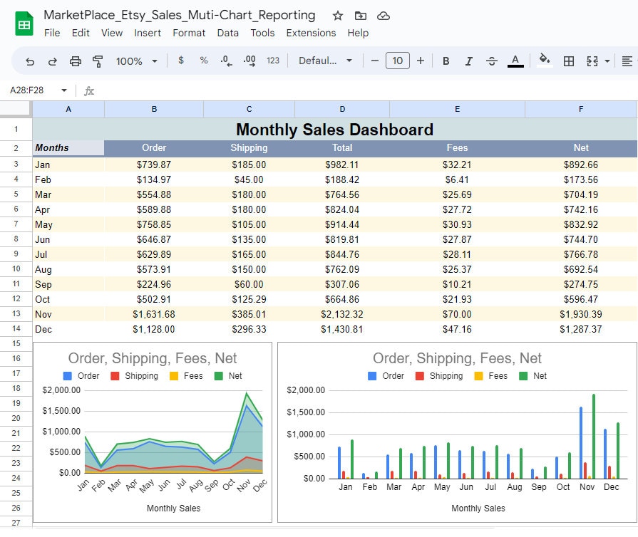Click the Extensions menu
tap(311, 33)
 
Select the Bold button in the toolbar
tap(446, 61)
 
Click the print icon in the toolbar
tap(75, 61)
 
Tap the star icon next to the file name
tap(338, 16)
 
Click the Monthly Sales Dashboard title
tap(334, 130)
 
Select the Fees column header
tap(457, 147)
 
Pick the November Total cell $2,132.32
tap(341, 314)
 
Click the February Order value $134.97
tap(154, 179)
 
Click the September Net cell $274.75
tap(580, 284)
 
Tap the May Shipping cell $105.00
tap(249, 224)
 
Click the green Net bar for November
tap(593, 436)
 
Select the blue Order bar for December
tap(605, 453)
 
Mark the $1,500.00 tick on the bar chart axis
tap(305, 412)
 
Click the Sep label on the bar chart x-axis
tap(539, 487)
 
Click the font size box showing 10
tap(398, 61)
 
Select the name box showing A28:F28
tap(32, 90)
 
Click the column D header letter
tap(342, 109)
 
